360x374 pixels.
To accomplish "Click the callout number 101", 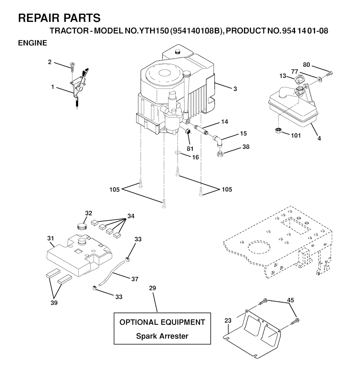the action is click(x=296, y=135).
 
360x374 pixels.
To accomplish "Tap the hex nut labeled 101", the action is click(x=278, y=131).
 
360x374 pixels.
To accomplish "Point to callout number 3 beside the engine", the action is click(x=235, y=89).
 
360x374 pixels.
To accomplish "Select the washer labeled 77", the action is click(x=319, y=78).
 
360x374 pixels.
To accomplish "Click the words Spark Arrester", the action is click(x=162, y=336).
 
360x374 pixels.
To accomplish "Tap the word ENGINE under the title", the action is click(x=32, y=43).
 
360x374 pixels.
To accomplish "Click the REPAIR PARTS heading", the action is click(x=59, y=18).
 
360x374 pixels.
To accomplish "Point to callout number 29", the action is click(x=153, y=288).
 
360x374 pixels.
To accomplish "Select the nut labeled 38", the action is click(x=220, y=154).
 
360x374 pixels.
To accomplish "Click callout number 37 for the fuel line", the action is click(x=135, y=279).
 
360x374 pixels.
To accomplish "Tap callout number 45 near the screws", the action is click(x=290, y=300).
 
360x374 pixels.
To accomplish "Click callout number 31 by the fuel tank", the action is click(x=51, y=238).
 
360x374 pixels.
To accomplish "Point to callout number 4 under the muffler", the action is click(x=319, y=138).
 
